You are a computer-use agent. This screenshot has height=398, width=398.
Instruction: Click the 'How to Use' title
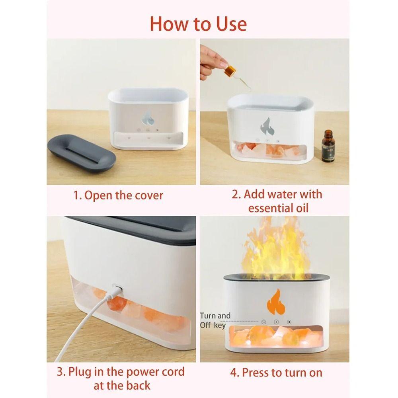click(x=198, y=24)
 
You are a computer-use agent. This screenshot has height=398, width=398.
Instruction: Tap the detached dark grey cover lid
click(x=82, y=154)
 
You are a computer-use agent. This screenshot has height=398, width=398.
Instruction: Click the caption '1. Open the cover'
click(x=118, y=195)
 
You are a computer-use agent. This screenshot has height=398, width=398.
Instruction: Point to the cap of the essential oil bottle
click(x=328, y=133)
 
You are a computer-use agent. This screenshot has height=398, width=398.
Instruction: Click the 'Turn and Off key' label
click(x=215, y=320)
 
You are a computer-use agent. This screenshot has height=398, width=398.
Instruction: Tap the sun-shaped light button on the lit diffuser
click(x=289, y=322)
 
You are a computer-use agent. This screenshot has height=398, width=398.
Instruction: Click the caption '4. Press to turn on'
click(x=276, y=373)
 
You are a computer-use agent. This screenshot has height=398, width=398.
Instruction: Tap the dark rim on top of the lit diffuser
click(x=276, y=278)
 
